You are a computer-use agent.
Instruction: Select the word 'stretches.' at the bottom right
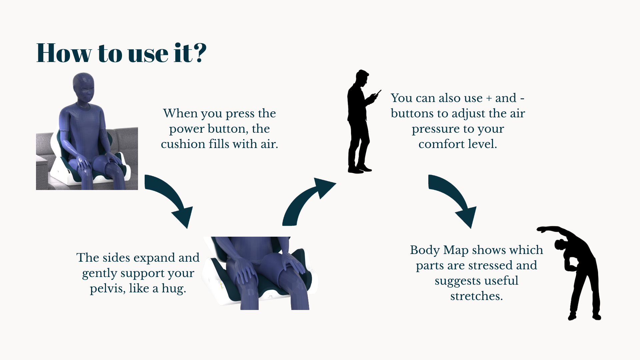[x=476, y=296]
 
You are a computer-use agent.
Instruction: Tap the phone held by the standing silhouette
[x=378, y=93]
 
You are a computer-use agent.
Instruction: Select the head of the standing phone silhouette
[x=362, y=79]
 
